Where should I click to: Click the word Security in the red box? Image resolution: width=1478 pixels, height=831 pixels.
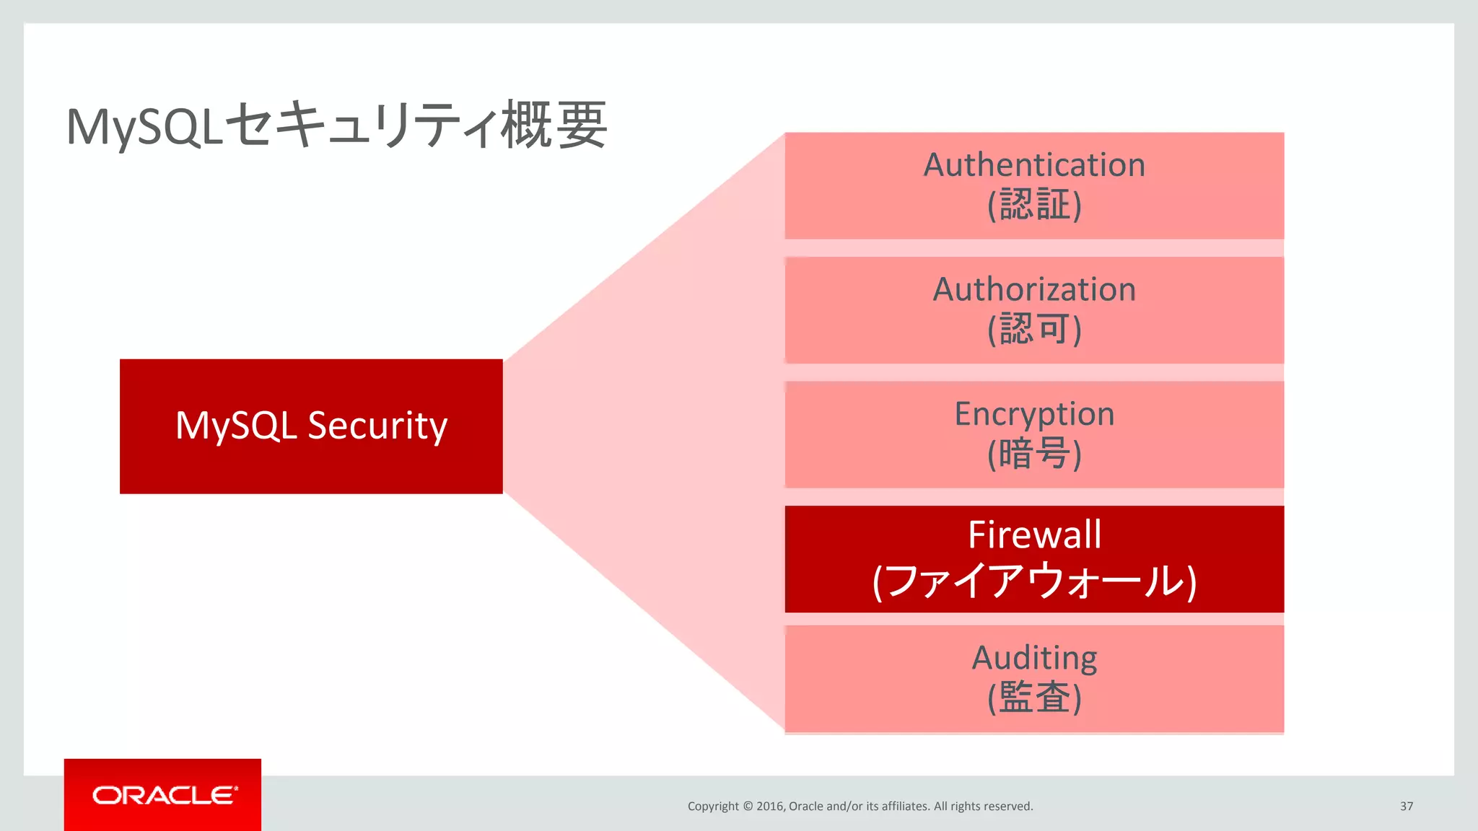(377, 426)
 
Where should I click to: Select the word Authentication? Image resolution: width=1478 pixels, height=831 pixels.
(1034, 165)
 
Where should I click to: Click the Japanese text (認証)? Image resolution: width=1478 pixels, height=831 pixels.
(1034, 205)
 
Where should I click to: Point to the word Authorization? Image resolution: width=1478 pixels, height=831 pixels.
(1034, 290)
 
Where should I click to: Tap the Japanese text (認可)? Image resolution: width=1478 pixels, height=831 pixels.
(1034, 330)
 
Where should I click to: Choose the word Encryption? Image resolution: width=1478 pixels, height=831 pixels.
(1034, 414)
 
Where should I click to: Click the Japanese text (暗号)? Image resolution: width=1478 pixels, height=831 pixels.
(1034, 454)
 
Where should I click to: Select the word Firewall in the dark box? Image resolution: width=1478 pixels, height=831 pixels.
(1034, 535)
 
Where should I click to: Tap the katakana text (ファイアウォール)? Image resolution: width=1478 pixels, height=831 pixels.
(1034, 581)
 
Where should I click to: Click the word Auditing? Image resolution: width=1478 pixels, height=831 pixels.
(1034, 658)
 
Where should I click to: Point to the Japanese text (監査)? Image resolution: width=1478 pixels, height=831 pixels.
(1034, 698)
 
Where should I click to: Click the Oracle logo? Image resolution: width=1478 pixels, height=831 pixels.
(164, 795)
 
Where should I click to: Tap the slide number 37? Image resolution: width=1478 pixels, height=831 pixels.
(1406, 806)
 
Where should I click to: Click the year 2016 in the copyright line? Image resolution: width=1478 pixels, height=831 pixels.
(770, 806)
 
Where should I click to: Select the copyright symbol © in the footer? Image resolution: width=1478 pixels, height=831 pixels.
(748, 806)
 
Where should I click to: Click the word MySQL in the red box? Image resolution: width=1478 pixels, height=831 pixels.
(236, 426)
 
